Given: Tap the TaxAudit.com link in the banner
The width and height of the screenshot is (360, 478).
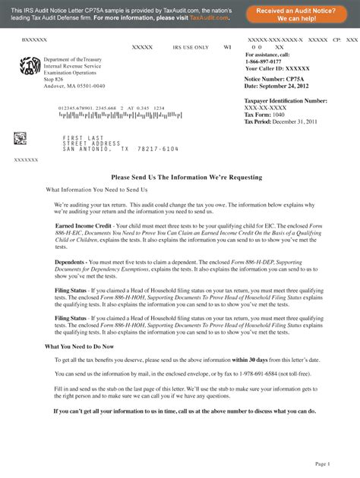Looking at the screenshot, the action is click(209, 17).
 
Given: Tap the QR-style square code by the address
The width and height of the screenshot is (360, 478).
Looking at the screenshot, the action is click(20, 138).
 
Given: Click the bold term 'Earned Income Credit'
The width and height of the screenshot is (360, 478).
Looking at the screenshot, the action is click(84, 225).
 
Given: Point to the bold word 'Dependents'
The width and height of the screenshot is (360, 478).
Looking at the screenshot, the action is click(70, 261).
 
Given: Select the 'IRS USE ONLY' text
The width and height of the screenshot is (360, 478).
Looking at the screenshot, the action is click(191, 47).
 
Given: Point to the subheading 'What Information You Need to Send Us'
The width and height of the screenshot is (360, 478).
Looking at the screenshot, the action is click(97, 189).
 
